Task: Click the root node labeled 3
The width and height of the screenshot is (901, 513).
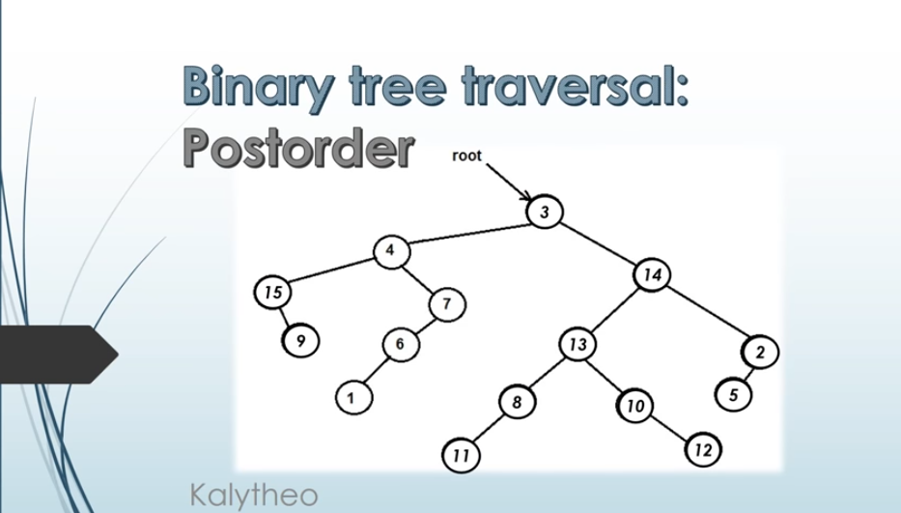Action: click(544, 212)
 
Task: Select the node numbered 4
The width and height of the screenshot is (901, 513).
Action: click(391, 251)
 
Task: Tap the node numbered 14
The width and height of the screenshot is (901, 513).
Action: click(652, 275)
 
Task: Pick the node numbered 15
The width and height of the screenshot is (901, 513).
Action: click(273, 292)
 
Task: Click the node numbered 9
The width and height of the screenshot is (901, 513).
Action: click(300, 340)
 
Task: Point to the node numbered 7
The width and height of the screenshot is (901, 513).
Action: click(448, 304)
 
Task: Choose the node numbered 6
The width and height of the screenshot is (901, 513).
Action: click(401, 345)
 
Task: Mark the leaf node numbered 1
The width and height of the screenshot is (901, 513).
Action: click(353, 397)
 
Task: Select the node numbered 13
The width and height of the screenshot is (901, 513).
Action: click(577, 345)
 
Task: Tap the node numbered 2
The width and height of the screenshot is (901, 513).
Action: click(760, 352)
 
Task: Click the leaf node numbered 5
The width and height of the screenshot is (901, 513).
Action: click(734, 394)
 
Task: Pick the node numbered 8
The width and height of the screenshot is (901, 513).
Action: click(518, 402)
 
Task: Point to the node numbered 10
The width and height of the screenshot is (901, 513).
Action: click(634, 406)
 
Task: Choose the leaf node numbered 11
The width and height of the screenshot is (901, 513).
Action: click(461, 455)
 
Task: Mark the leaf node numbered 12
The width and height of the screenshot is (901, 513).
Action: click(703, 450)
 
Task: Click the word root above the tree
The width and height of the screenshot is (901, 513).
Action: click(466, 156)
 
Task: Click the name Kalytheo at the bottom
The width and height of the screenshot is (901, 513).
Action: click(253, 496)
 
